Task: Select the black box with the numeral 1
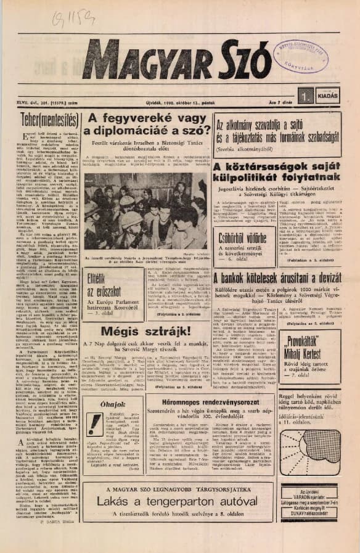click(304, 95)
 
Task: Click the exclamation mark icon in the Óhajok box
click(95, 424)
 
